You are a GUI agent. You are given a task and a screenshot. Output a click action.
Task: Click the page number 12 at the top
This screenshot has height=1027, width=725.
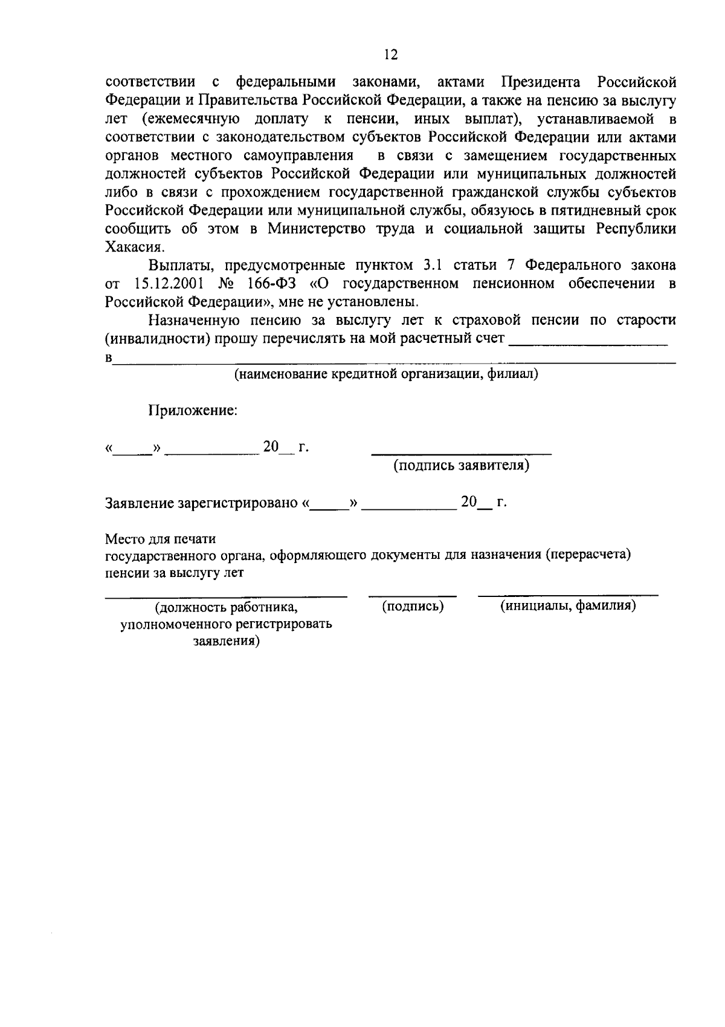390,55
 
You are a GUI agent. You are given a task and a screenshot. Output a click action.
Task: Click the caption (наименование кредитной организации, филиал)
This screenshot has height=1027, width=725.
387,374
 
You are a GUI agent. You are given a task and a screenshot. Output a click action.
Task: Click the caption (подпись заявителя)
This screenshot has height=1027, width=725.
462,466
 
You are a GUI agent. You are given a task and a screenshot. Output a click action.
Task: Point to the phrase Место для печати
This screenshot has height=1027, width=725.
161,538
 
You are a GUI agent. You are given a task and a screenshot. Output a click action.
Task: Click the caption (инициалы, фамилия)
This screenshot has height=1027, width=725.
567,606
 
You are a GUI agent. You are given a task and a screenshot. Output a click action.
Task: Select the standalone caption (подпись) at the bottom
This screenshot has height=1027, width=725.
413,606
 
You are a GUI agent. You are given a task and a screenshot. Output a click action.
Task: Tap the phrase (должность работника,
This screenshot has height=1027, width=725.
226,607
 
